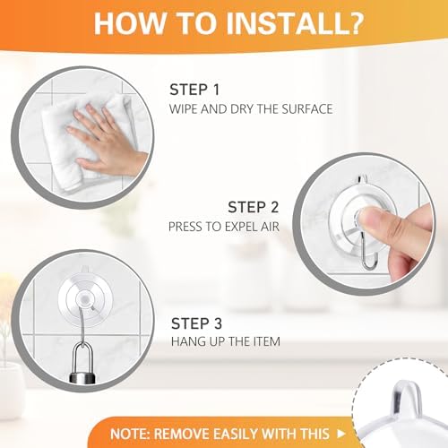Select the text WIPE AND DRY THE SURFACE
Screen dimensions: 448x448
tap(251, 109)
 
